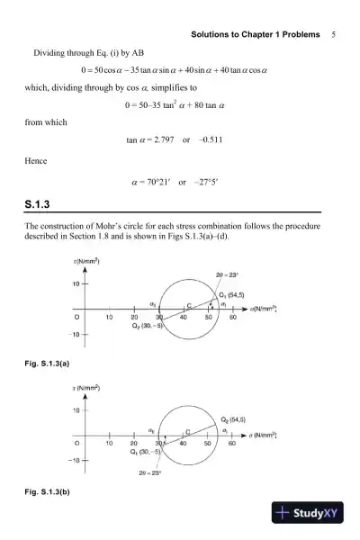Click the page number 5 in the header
coord(333,34)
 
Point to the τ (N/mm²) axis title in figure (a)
coord(85,261)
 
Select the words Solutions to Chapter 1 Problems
coord(256,34)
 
